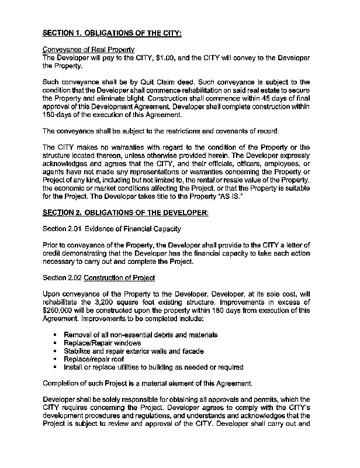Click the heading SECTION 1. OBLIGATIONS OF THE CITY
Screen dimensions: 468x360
coord(113,33)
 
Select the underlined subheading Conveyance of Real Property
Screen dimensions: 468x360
coord(89,50)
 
